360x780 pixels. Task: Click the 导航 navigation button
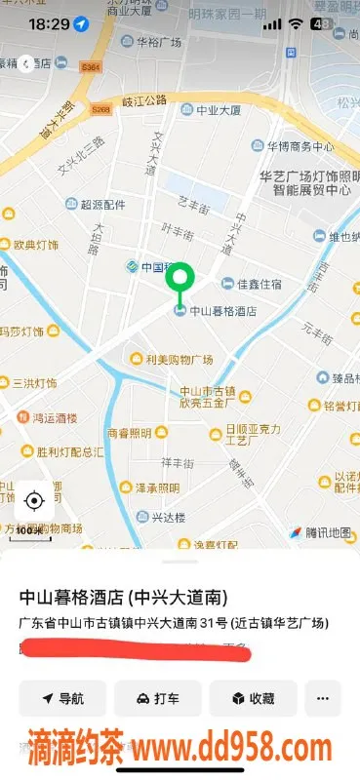tap(63, 698)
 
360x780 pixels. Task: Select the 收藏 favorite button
tap(254, 698)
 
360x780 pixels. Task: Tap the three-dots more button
tap(323, 698)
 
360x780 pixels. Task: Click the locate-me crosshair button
tap(34, 501)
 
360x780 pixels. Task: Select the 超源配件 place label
tap(102, 205)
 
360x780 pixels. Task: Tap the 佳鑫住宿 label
tap(259, 284)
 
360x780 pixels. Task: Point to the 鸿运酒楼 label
tap(56, 417)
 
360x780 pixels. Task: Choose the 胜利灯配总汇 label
tap(69, 451)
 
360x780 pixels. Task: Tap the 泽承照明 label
tap(156, 487)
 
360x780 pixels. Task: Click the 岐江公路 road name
tap(144, 100)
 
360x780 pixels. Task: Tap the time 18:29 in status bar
tap(49, 21)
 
